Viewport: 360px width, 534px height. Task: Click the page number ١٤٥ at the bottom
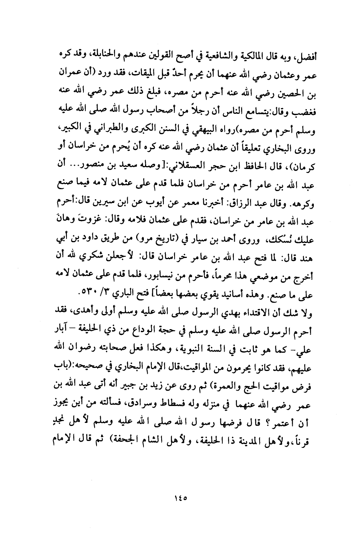point(180,497)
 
